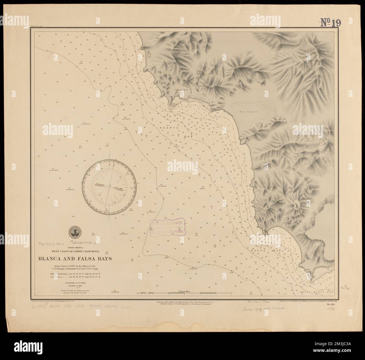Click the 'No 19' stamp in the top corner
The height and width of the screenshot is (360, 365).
coord(331,22)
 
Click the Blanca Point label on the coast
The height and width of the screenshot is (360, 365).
coord(175,104)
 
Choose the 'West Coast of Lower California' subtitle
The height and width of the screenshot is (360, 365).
coord(77,251)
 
